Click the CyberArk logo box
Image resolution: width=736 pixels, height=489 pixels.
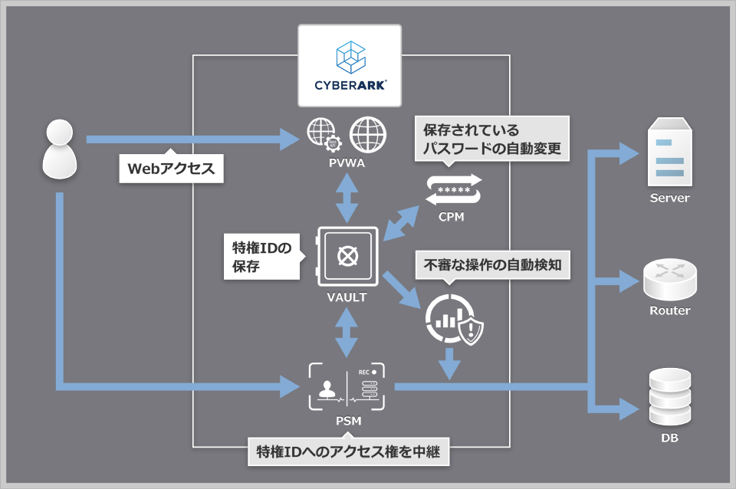[350, 66]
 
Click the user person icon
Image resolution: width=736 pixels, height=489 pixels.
[59, 148]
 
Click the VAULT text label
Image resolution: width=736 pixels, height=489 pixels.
[347, 297]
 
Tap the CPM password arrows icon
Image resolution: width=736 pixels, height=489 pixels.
[452, 189]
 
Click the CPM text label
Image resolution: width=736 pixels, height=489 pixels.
[452, 217]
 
